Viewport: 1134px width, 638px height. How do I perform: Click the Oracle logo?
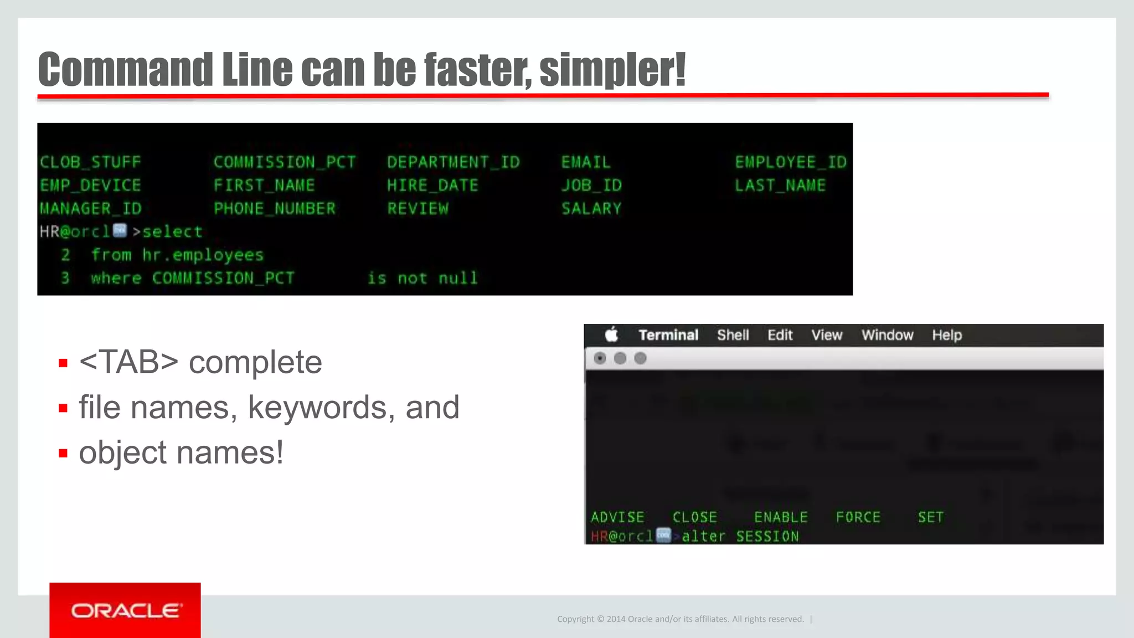tap(125, 610)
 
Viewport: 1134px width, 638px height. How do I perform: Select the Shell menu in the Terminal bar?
tap(733, 335)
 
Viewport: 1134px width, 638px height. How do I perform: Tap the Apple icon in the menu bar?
tap(611, 335)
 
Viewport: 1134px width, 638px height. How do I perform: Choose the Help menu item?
tap(946, 335)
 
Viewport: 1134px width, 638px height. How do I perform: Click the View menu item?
tap(826, 335)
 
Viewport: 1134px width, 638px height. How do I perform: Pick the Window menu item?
tap(887, 335)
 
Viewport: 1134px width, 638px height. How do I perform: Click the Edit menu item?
tap(780, 335)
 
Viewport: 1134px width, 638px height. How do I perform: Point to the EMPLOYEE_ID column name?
tap(790, 162)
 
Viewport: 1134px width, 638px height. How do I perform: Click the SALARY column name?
tap(591, 209)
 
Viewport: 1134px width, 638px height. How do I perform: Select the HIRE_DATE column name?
tap(432, 186)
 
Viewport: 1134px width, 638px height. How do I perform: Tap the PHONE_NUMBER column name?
tap(275, 209)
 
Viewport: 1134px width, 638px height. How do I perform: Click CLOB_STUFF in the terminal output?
tap(90, 162)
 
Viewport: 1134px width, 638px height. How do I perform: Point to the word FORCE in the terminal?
tap(858, 517)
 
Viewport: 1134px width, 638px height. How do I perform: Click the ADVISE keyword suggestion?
tap(617, 517)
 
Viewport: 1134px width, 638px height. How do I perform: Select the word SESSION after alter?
tap(767, 536)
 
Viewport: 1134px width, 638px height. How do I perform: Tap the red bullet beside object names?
tap(63, 454)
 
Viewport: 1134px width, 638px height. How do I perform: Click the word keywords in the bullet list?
tap(317, 408)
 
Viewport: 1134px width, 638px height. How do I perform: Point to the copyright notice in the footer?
tap(680, 619)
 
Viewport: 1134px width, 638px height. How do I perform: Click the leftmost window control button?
tap(600, 358)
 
